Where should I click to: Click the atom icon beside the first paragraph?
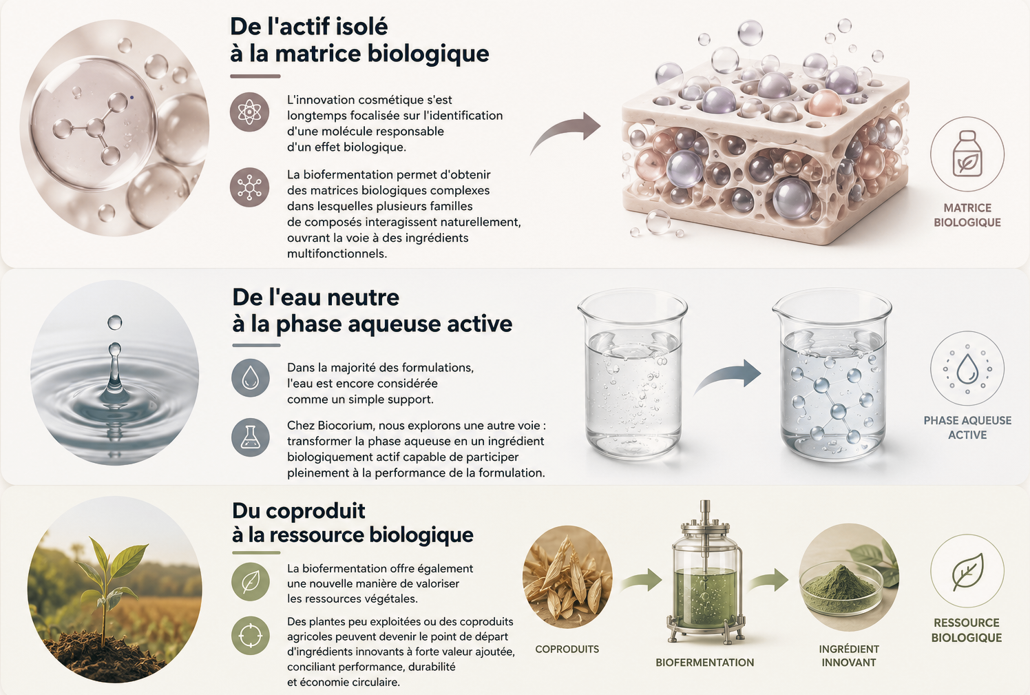250,112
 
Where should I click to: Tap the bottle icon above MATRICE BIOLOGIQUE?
967,154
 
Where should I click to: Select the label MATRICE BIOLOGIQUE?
967,215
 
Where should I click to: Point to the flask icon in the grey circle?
250,437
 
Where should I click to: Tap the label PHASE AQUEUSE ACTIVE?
967,427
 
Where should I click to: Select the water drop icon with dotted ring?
967,369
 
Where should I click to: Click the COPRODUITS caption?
567,649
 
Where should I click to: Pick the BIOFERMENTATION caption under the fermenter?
704,663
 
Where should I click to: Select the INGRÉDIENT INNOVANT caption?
848,656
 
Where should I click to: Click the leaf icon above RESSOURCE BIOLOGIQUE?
967,571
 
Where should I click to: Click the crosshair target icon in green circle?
250,636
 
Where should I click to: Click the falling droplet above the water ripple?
114,322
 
